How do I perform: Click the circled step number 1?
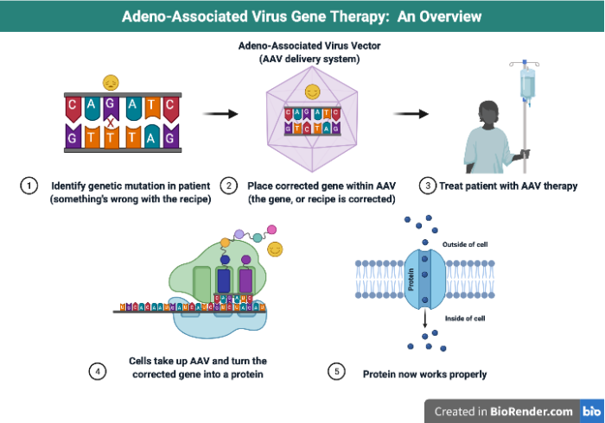29,186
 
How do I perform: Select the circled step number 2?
229,186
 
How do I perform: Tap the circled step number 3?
427,186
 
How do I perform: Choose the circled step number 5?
337,372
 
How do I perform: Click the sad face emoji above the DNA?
110,82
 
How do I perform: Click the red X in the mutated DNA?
111,123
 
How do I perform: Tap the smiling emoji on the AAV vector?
313,91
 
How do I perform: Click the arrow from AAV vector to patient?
411,113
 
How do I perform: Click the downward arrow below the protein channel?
423,325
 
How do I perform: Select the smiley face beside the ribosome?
276,249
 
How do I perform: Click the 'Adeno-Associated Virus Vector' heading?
302,47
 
